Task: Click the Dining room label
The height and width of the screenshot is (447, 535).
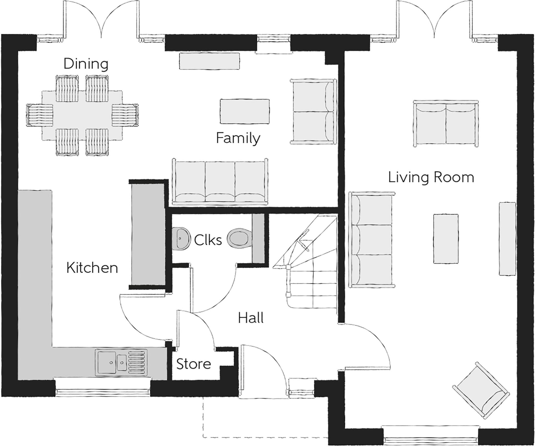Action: tap(86, 64)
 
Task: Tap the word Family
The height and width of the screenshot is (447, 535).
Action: tap(238, 138)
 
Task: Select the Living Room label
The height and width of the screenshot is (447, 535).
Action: tap(431, 177)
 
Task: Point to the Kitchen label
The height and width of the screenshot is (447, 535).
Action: tap(92, 268)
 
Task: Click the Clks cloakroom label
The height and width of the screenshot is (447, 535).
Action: tap(208, 240)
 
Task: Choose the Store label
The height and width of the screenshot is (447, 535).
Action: tap(193, 364)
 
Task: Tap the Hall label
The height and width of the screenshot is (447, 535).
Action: tap(251, 318)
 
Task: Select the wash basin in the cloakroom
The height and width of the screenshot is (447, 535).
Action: tap(180, 238)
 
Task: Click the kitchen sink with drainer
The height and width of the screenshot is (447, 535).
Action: tap(121, 362)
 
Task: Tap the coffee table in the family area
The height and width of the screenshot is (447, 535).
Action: tap(245, 111)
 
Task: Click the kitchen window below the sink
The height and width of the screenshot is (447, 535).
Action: tap(103, 391)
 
